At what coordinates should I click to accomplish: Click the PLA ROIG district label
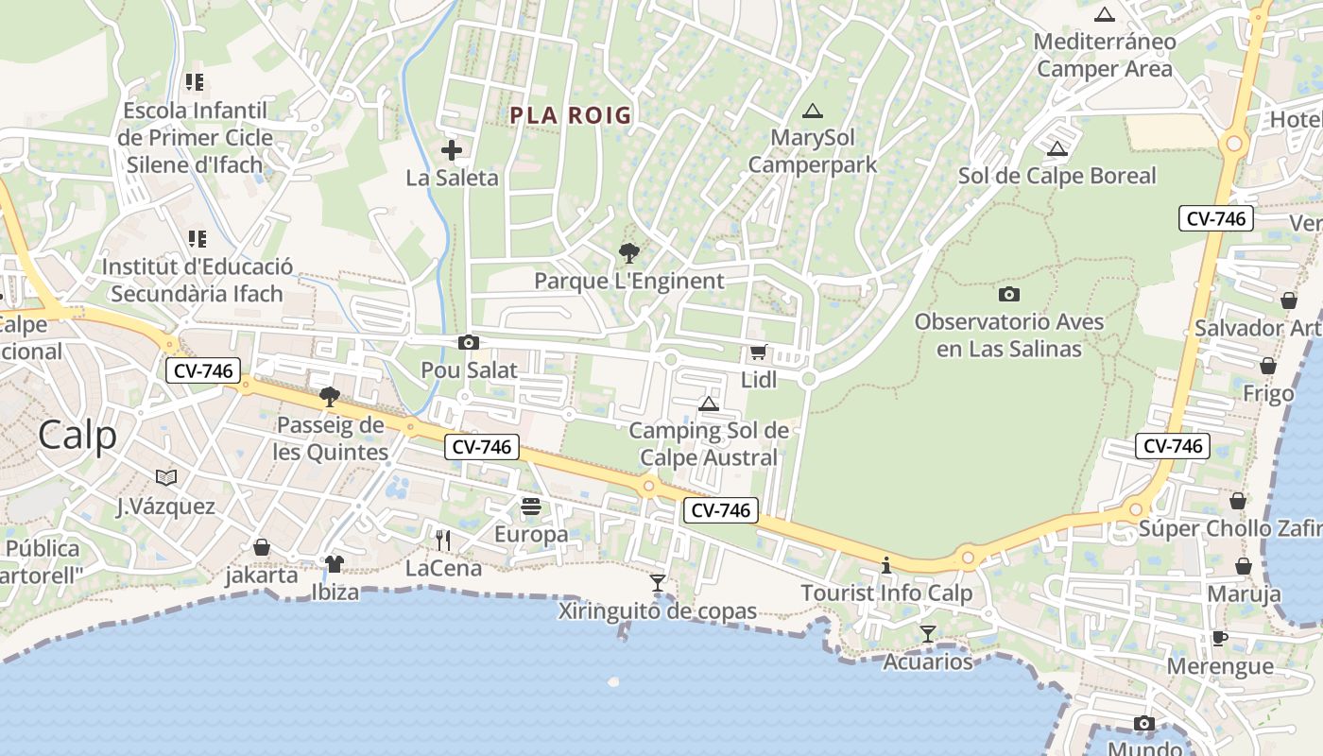pos(570,115)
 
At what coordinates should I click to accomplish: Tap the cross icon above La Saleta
pos(452,150)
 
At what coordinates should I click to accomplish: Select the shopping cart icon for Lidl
pos(758,352)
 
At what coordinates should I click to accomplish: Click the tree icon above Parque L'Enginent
pos(628,253)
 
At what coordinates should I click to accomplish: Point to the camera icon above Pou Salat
pos(468,342)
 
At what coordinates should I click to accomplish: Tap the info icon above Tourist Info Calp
pos(886,566)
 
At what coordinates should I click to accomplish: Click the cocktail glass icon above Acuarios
pos(928,634)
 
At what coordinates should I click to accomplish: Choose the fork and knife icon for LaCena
pos(442,541)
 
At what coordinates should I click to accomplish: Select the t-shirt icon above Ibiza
pos(335,564)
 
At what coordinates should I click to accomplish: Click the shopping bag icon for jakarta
pos(262,547)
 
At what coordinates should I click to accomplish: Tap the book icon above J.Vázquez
pos(166,477)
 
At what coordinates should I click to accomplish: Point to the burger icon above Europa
pos(531,507)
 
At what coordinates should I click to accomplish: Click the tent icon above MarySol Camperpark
pos(812,111)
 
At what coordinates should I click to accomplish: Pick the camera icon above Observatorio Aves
pos(1009,294)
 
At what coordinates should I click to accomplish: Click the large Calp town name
pos(78,436)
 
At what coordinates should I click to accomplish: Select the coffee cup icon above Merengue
pos(1220,638)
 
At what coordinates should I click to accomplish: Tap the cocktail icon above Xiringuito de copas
pos(658,583)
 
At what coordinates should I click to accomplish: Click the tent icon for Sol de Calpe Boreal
pos(1057,148)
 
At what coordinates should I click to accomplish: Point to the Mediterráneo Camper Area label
pos(1105,55)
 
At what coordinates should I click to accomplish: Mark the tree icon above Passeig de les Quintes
pos(330,397)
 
